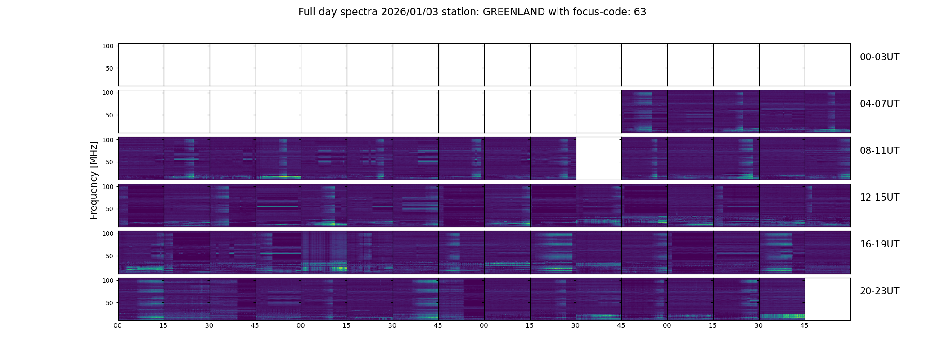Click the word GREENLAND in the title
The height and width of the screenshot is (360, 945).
click(514, 12)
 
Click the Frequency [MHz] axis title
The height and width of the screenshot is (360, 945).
click(94, 180)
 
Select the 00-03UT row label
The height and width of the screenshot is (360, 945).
click(879, 57)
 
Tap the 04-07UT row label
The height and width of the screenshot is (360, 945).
click(879, 104)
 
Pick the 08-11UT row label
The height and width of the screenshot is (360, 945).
click(879, 151)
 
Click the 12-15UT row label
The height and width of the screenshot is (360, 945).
click(879, 198)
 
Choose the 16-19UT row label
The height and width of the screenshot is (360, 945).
click(879, 244)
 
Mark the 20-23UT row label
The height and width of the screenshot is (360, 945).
click(879, 291)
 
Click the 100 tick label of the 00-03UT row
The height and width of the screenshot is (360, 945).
click(108, 46)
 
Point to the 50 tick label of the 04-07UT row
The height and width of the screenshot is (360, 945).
click(109, 115)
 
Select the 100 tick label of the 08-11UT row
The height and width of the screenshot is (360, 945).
click(108, 140)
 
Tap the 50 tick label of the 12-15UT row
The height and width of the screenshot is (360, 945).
click(109, 209)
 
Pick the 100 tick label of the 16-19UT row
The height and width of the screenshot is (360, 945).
click(108, 234)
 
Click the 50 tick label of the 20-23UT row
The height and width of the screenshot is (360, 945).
click(109, 303)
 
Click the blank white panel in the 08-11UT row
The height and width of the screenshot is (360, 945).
click(598, 158)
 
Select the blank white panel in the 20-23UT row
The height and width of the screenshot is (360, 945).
click(827, 299)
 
